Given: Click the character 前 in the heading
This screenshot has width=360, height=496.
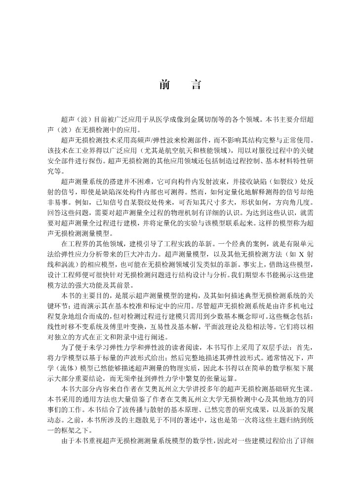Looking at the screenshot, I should point(165,84).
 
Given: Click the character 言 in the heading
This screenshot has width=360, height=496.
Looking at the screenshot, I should point(196,84).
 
